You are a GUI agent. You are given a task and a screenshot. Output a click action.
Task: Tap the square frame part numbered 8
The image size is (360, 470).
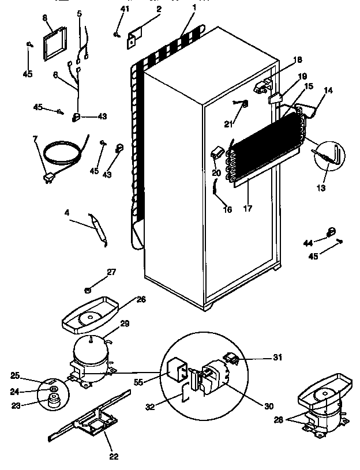click(55, 44)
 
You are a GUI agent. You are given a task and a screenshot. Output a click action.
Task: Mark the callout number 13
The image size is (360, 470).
click(321, 188)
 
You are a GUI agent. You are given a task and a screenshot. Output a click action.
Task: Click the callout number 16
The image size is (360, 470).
click(227, 210)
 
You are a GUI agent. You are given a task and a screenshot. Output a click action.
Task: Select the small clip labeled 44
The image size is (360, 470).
click(332, 232)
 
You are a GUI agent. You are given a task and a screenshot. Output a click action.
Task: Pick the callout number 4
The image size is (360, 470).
click(67, 213)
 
